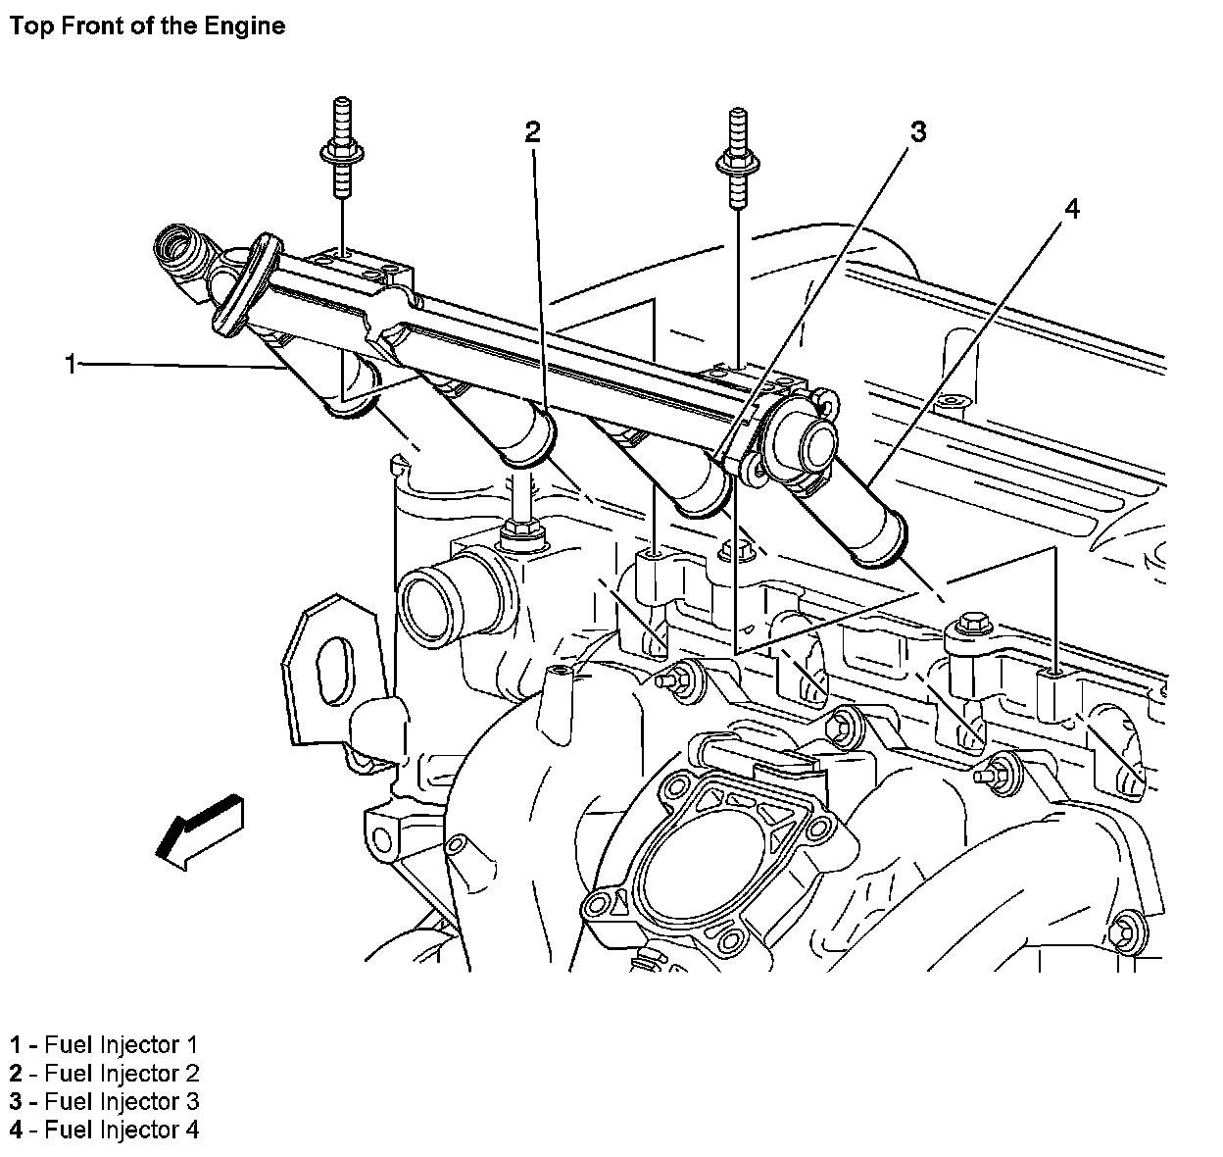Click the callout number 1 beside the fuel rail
[x=70, y=365]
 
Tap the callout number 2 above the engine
[x=532, y=131]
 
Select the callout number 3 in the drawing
[x=917, y=131]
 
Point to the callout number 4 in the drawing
[x=1072, y=209]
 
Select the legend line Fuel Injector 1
[x=104, y=1044]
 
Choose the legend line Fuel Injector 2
[x=104, y=1073]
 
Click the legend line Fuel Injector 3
[x=104, y=1101]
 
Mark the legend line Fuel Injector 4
[x=104, y=1130]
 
